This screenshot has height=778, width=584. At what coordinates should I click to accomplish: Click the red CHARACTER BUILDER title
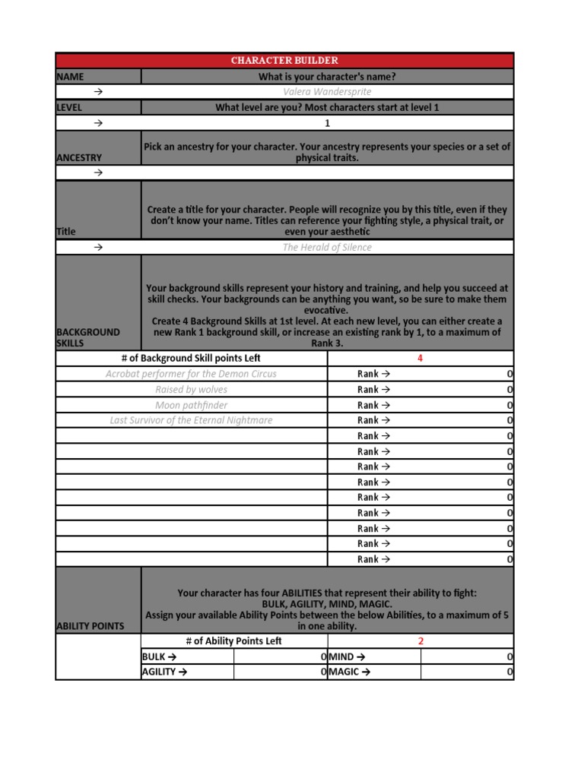(285, 60)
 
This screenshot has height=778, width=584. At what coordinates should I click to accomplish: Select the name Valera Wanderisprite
(327, 92)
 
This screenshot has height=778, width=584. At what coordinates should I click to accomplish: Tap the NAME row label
(70, 77)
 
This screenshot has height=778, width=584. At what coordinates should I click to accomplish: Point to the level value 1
(327, 123)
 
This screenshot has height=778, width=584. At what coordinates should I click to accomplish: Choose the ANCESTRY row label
(79, 157)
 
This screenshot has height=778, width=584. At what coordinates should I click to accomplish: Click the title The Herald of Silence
(327, 248)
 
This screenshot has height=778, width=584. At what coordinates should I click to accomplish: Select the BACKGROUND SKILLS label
(88, 337)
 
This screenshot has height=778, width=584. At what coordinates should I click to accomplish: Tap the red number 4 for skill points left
(420, 359)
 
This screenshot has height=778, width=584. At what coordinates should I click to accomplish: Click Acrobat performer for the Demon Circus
(191, 374)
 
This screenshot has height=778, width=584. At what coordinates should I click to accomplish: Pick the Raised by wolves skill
(191, 390)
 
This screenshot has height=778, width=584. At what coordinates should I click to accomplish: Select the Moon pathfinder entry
(191, 405)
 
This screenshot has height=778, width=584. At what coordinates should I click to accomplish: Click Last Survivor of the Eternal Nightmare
(191, 420)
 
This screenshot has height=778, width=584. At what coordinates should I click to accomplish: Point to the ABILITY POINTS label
(90, 626)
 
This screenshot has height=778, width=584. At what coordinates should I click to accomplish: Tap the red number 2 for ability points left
(421, 641)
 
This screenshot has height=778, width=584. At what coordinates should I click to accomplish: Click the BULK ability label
(159, 656)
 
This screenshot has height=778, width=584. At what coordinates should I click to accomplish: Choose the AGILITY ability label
(163, 672)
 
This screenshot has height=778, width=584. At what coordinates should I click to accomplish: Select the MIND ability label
(347, 656)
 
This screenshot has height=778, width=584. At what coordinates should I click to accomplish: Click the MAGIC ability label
(349, 672)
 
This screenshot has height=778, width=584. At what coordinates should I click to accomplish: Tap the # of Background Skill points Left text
(191, 359)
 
